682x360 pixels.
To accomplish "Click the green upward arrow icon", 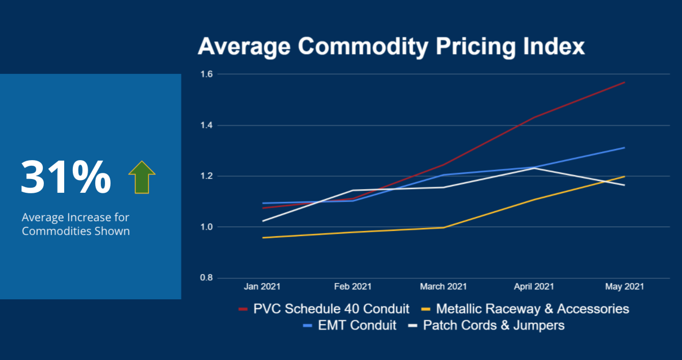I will tap(142, 177).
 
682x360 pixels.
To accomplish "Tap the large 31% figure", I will tap(66, 177).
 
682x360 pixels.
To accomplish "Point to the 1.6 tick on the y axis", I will tap(206, 74).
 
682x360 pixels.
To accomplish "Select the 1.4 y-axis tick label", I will tap(206, 125).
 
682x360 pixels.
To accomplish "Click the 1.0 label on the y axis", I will tap(206, 227).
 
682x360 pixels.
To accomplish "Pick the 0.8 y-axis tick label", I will tap(206, 278).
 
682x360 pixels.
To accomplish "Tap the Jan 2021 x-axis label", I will tap(262, 287).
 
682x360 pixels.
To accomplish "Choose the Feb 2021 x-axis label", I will tap(353, 287).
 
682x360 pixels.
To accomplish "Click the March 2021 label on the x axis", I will tap(443, 287).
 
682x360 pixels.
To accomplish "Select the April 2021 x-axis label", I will tap(534, 287).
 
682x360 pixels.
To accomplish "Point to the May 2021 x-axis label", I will tap(624, 287).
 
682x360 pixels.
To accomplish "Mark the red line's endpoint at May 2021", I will tap(624, 82).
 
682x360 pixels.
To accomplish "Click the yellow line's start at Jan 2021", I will tap(262, 238).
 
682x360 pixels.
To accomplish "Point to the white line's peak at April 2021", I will tap(534, 168).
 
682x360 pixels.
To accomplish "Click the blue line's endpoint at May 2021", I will tap(624, 148).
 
